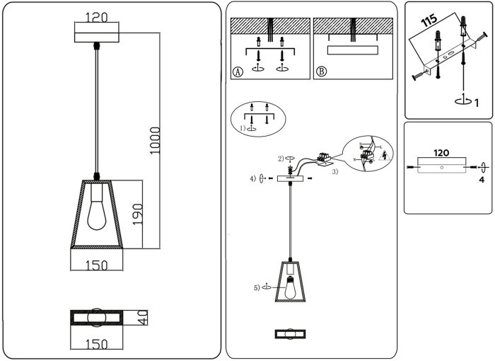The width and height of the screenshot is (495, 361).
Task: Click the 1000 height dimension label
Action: pyautogui.click(x=156, y=140)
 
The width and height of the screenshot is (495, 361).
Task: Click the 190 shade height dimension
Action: pyautogui.click(x=139, y=213)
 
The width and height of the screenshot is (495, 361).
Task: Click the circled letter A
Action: pyautogui.click(x=238, y=71)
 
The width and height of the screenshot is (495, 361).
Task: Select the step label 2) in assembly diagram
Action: pyautogui.click(x=281, y=158)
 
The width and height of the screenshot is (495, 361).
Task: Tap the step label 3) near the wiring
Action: pyautogui.click(x=335, y=171)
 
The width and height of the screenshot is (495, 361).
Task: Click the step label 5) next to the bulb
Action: pyautogui.click(x=257, y=287)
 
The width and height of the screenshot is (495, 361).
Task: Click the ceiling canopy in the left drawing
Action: pyautogui.click(x=98, y=34)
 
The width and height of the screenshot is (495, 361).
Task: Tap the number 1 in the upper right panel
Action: pyautogui.click(x=477, y=103)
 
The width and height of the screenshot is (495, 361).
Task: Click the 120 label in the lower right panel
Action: pyautogui.click(x=441, y=153)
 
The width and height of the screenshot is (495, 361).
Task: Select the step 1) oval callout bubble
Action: pyautogui.click(x=258, y=118)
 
